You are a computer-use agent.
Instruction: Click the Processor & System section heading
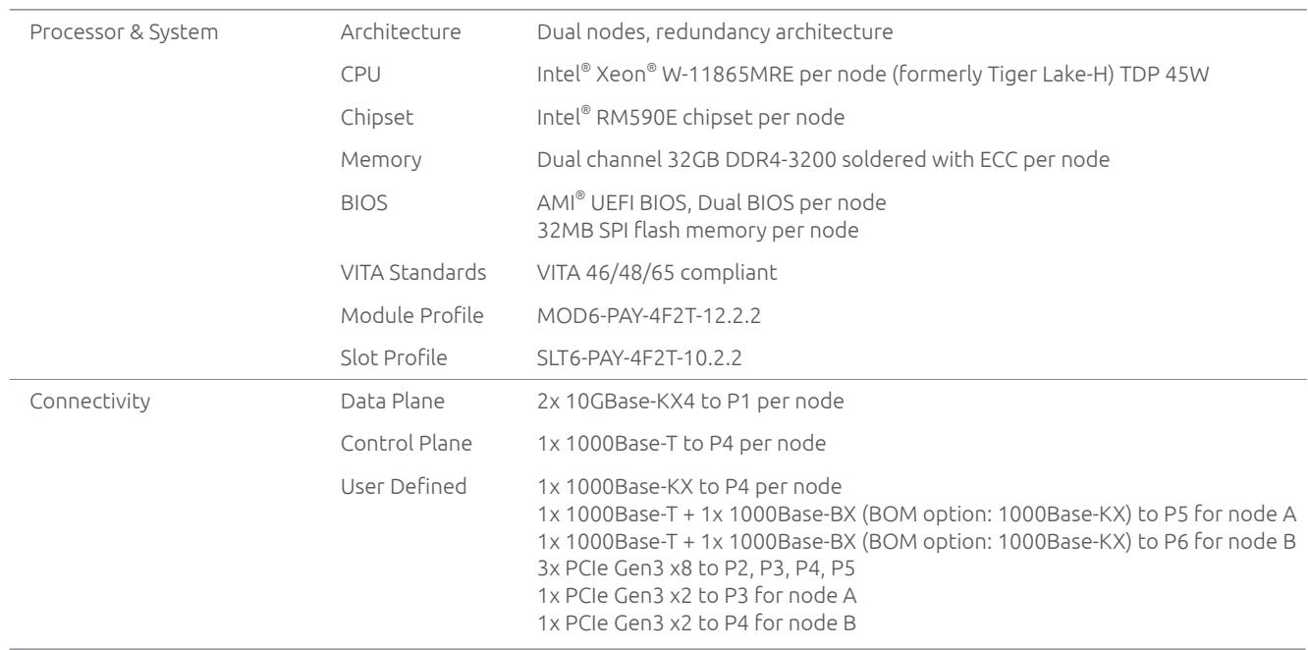[124, 32]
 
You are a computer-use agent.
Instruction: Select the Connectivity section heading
[90, 402]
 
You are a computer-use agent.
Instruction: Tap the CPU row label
[360, 75]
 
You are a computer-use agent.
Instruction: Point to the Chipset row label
[377, 118]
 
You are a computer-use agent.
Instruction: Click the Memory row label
[381, 160]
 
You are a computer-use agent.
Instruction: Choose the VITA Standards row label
[413, 272]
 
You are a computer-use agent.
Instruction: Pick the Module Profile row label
[411, 315]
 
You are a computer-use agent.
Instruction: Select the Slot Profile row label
[394, 358]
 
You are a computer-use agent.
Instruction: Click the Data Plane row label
[393, 402]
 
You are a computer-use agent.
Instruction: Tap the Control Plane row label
[406, 443]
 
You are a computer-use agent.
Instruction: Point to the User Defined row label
[404, 486]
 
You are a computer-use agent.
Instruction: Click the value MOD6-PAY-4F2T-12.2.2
[649, 316]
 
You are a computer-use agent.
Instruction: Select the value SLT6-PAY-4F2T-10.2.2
[639, 358]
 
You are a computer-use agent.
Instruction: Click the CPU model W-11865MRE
[728, 75]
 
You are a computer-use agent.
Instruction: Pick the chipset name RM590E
[636, 118]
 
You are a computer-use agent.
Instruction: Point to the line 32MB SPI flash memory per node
[698, 231]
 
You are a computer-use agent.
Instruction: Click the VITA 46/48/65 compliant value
[657, 273]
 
